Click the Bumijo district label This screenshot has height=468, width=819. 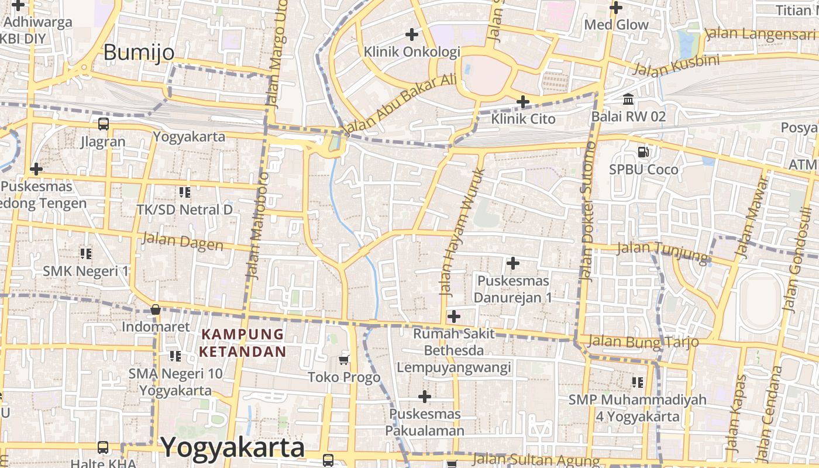coord(139,53)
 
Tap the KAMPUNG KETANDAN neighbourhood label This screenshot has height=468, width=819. coord(243,343)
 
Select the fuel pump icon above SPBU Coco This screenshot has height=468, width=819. coord(643,152)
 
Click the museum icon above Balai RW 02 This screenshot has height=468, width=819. coord(628,99)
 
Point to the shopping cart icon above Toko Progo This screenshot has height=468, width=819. coord(344,360)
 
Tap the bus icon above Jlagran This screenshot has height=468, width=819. coord(103,124)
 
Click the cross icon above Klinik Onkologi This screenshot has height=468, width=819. coord(412,34)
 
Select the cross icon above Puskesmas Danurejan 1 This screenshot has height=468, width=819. coord(513,263)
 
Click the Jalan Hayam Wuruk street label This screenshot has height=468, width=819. coord(462,231)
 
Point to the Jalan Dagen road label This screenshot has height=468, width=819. coord(183,241)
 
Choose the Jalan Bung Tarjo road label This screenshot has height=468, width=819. coord(643,341)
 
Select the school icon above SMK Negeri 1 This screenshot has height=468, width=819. coord(86,253)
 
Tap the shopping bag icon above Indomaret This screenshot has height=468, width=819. coord(155,309)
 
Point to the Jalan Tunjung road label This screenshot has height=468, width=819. coord(663,250)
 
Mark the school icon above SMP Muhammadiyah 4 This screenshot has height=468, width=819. coord(637,382)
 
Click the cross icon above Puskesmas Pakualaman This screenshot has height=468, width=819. coord(425,397)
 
